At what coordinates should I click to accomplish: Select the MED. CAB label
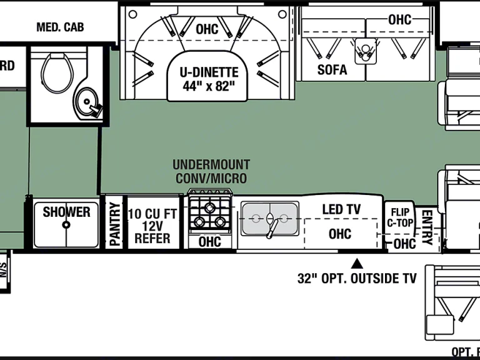click(60, 27)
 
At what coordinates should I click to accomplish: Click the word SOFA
click(332, 69)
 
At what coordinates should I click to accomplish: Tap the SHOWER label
click(66, 212)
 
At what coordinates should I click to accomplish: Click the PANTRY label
click(114, 223)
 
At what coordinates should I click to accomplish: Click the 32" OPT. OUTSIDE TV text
click(357, 279)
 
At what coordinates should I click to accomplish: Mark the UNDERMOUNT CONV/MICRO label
click(211, 172)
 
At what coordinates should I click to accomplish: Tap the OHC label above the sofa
click(399, 19)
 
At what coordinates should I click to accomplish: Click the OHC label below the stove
click(209, 241)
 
